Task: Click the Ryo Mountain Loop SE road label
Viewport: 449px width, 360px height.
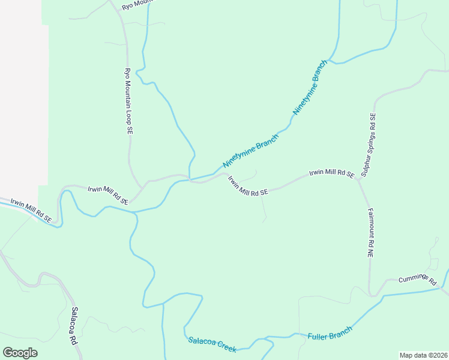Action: (127, 101)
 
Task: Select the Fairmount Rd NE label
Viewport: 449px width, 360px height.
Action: (370, 234)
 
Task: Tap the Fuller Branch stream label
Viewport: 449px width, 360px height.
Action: (330, 332)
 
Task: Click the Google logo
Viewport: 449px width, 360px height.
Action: (20, 353)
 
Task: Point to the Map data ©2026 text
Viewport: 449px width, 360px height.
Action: (423, 355)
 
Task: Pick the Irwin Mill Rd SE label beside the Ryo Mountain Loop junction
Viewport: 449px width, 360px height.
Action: (108, 196)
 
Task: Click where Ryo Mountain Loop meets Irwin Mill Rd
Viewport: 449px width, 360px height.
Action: (140, 187)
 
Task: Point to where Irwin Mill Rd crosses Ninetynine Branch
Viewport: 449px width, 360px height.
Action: (190, 179)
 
